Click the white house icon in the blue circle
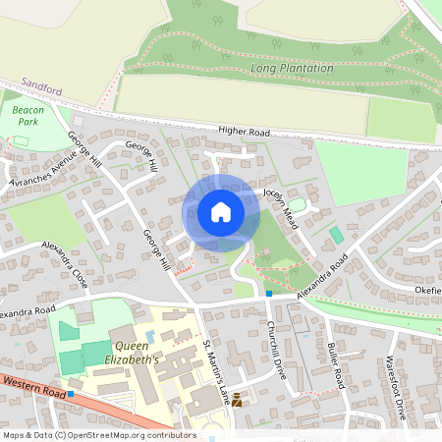coord(221,212)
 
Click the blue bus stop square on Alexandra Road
coord(269,293)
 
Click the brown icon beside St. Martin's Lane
coord(236,399)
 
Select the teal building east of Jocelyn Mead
coord(337,236)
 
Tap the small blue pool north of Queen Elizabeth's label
coord(149,335)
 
